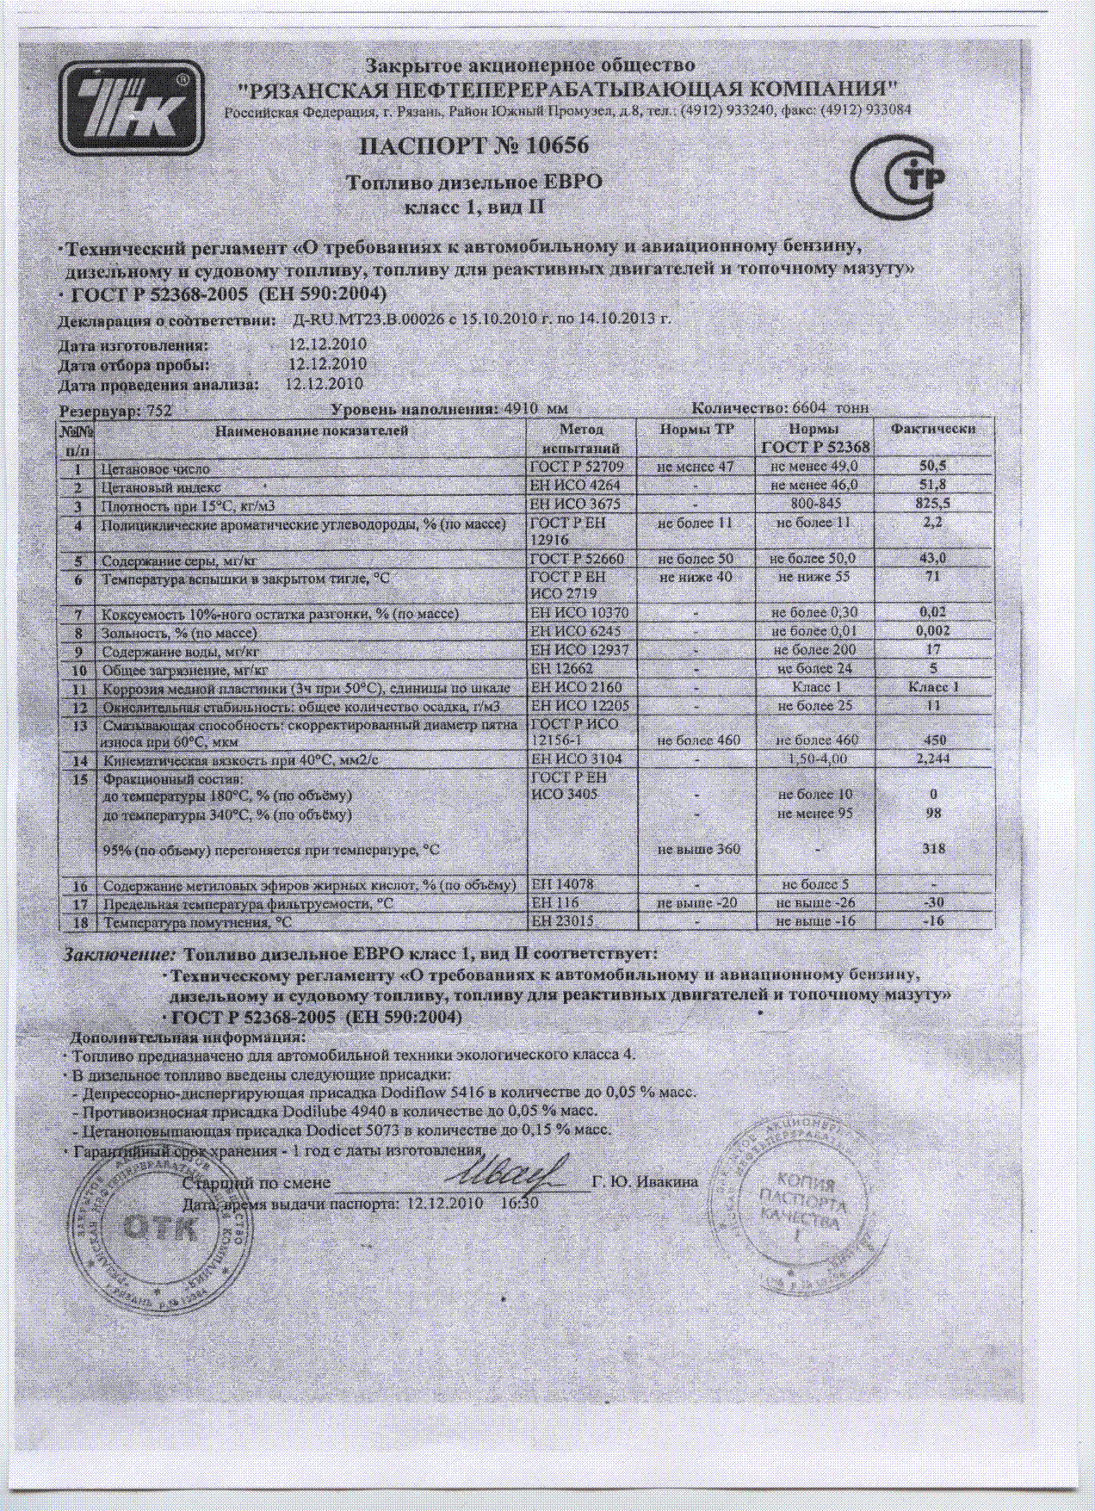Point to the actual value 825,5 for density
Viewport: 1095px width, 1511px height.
tap(933, 505)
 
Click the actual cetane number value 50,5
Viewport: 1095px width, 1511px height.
tap(933, 466)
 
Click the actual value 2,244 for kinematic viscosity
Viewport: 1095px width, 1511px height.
tap(933, 759)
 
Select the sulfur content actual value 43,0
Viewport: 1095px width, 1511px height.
tap(933, 559)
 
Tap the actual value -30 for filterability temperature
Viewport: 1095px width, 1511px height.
tap(933, 903)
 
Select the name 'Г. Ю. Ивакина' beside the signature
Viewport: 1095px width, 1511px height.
tap(645, 1181)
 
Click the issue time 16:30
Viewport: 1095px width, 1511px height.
tap(519, 1202)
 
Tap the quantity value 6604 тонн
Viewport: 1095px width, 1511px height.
tap(824, 408)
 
